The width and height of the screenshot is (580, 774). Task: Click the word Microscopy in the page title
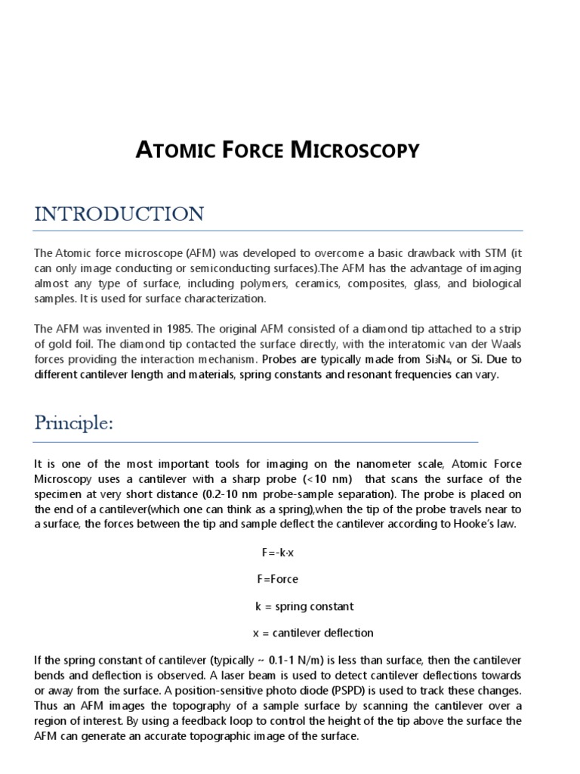[356, 150]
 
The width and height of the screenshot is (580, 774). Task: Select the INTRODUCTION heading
[119, 214]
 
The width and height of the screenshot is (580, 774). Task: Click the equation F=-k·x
[278, 553]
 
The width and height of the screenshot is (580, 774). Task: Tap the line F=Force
[278, 579]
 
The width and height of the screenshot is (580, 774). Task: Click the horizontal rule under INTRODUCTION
[278, 231]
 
